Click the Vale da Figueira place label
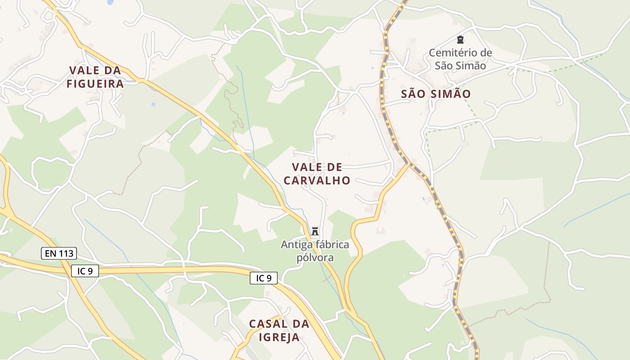click(95, 77)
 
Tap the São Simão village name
click(436, 94)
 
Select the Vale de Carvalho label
click(317, 174)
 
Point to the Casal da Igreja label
click(279, 330)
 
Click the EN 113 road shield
click(59, 253)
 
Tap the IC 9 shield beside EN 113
click(85, 271)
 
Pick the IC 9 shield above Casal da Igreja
click(264, 278)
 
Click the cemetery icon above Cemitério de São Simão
click(460, 40)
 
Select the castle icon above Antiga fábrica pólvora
click(315, 231)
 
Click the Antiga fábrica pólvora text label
click(315, 251)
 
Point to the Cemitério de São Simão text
click(460, 59)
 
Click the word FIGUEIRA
click(95, 84)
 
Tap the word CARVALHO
click(317, 180)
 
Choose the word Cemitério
click(454, 53)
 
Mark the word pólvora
click(315, 258)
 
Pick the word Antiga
click(295, 245)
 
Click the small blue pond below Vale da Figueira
click(153, 104)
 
